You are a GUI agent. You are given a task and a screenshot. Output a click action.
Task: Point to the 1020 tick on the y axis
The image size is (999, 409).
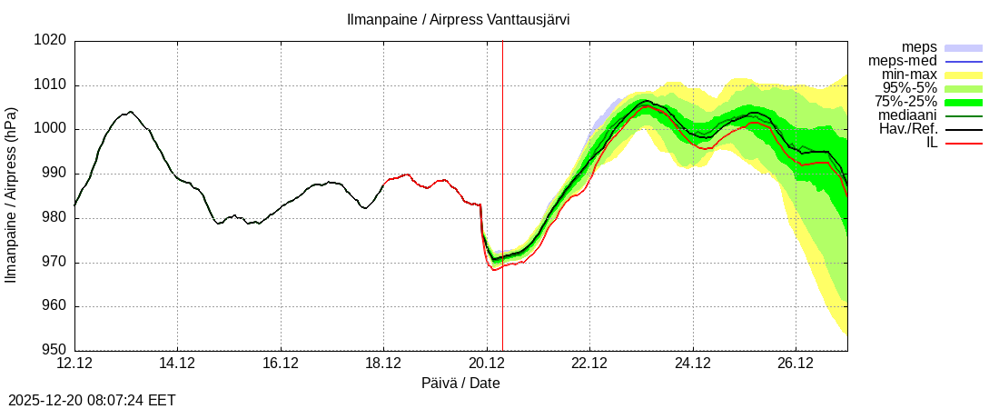51,41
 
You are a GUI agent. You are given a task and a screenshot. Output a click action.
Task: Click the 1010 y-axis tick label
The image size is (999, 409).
51,85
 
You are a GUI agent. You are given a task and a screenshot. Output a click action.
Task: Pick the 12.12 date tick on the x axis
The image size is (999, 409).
74,364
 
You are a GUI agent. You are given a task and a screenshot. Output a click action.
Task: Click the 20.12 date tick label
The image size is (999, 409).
487,364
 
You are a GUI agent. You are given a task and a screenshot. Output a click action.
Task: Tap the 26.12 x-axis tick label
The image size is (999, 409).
796,364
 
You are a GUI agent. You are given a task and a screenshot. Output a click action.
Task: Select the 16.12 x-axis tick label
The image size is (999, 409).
281,364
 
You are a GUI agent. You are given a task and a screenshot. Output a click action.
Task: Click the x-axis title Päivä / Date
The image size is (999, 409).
460,384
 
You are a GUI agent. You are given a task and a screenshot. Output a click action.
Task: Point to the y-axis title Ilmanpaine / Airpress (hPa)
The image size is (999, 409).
11,195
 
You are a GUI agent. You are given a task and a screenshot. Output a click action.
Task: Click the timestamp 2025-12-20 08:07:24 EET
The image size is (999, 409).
92,400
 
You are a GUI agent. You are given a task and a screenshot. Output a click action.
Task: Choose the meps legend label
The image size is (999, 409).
919,47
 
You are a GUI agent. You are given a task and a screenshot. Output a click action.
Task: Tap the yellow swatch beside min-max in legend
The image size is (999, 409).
964,75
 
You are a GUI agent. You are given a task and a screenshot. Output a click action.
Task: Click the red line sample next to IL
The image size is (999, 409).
964,143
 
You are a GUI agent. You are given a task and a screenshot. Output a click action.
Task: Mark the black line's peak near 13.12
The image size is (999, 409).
131,112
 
